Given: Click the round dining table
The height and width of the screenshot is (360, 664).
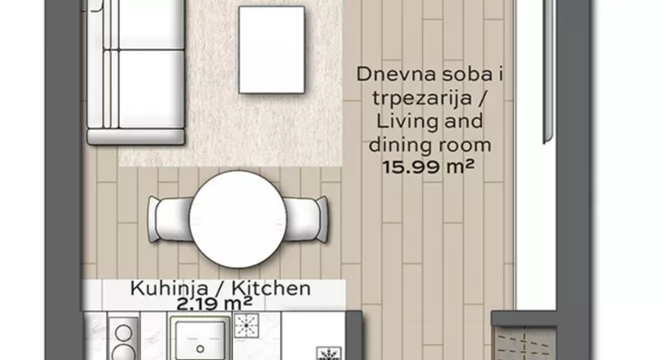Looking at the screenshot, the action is pos(237,219).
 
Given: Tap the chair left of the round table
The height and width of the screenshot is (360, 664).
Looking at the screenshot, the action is pos(169,220).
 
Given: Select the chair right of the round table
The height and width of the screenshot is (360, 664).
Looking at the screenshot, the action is pos(306,219).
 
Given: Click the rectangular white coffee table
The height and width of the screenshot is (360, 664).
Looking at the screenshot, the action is pos(271,50).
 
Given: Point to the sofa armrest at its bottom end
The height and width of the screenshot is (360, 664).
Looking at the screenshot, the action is pos(136,136).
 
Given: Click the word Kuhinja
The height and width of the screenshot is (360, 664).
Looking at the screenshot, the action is pos(169,288).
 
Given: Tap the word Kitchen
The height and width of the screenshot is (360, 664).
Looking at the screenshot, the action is pos(271,288).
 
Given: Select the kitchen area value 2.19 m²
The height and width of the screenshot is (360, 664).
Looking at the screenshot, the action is pos(215,304).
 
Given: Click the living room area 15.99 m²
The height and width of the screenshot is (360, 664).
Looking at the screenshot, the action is pos(428,166).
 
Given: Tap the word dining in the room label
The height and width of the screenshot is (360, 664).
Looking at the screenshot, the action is pos(394,145).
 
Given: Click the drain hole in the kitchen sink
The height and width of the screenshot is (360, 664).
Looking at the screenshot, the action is pos(200,349).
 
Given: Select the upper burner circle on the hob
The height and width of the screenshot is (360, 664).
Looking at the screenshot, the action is pos(124,334).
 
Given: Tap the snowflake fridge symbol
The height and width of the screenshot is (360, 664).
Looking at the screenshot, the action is pos(328,354).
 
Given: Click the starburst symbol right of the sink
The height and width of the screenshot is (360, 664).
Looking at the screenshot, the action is pos(246,325).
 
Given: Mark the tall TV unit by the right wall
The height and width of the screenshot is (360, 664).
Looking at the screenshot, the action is pos(548,70).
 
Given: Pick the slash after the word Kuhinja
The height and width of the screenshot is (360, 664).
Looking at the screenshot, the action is pos(220,288).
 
